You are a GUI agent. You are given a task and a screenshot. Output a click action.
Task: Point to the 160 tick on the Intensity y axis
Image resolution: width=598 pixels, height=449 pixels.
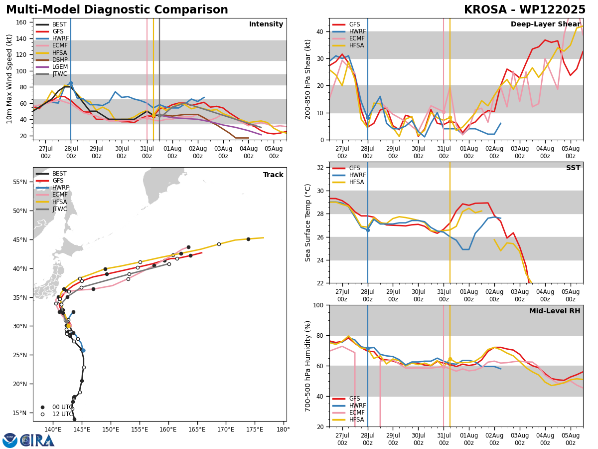click(21, 22)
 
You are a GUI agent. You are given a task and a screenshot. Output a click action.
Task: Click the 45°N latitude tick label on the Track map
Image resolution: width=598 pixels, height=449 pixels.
click(20, 240)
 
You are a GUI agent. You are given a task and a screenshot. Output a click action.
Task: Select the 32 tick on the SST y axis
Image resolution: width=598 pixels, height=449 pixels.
click(320, 168)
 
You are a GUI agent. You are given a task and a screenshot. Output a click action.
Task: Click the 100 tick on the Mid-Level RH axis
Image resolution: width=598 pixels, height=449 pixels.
click(318, 305)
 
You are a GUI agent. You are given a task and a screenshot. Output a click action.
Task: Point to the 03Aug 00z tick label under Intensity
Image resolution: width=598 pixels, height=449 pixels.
click(223, 152)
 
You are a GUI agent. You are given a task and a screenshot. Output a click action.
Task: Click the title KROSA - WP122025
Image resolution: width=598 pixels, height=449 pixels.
click(525, 10)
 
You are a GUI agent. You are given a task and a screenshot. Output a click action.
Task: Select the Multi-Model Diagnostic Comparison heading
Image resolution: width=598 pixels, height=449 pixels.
click(117, 10)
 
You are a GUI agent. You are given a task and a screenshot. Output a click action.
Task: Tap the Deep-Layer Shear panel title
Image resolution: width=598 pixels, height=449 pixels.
click(545, 24)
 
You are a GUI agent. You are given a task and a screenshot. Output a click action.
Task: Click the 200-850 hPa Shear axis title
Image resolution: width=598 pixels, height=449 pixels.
click(308, 80)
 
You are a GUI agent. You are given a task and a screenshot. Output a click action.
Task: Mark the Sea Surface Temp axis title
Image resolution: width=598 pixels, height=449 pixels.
click(308, 223)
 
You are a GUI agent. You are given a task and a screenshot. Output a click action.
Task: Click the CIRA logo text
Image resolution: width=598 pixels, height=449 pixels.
click(37, 440)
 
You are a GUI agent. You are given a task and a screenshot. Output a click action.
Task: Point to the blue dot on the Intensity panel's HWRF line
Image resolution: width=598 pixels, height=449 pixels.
click(71, 83)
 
